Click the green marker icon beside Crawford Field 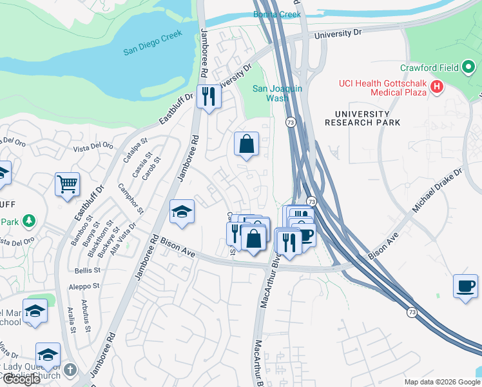coord(468,66)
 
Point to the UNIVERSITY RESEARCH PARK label coord(362,118)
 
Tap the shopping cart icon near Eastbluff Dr coord(67,184)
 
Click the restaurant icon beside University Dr coord(208,97)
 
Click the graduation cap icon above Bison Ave coord(182,212)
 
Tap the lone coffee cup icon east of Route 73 coord(465,285)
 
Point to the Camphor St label coord(131,199)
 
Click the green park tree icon coord(28,222)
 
